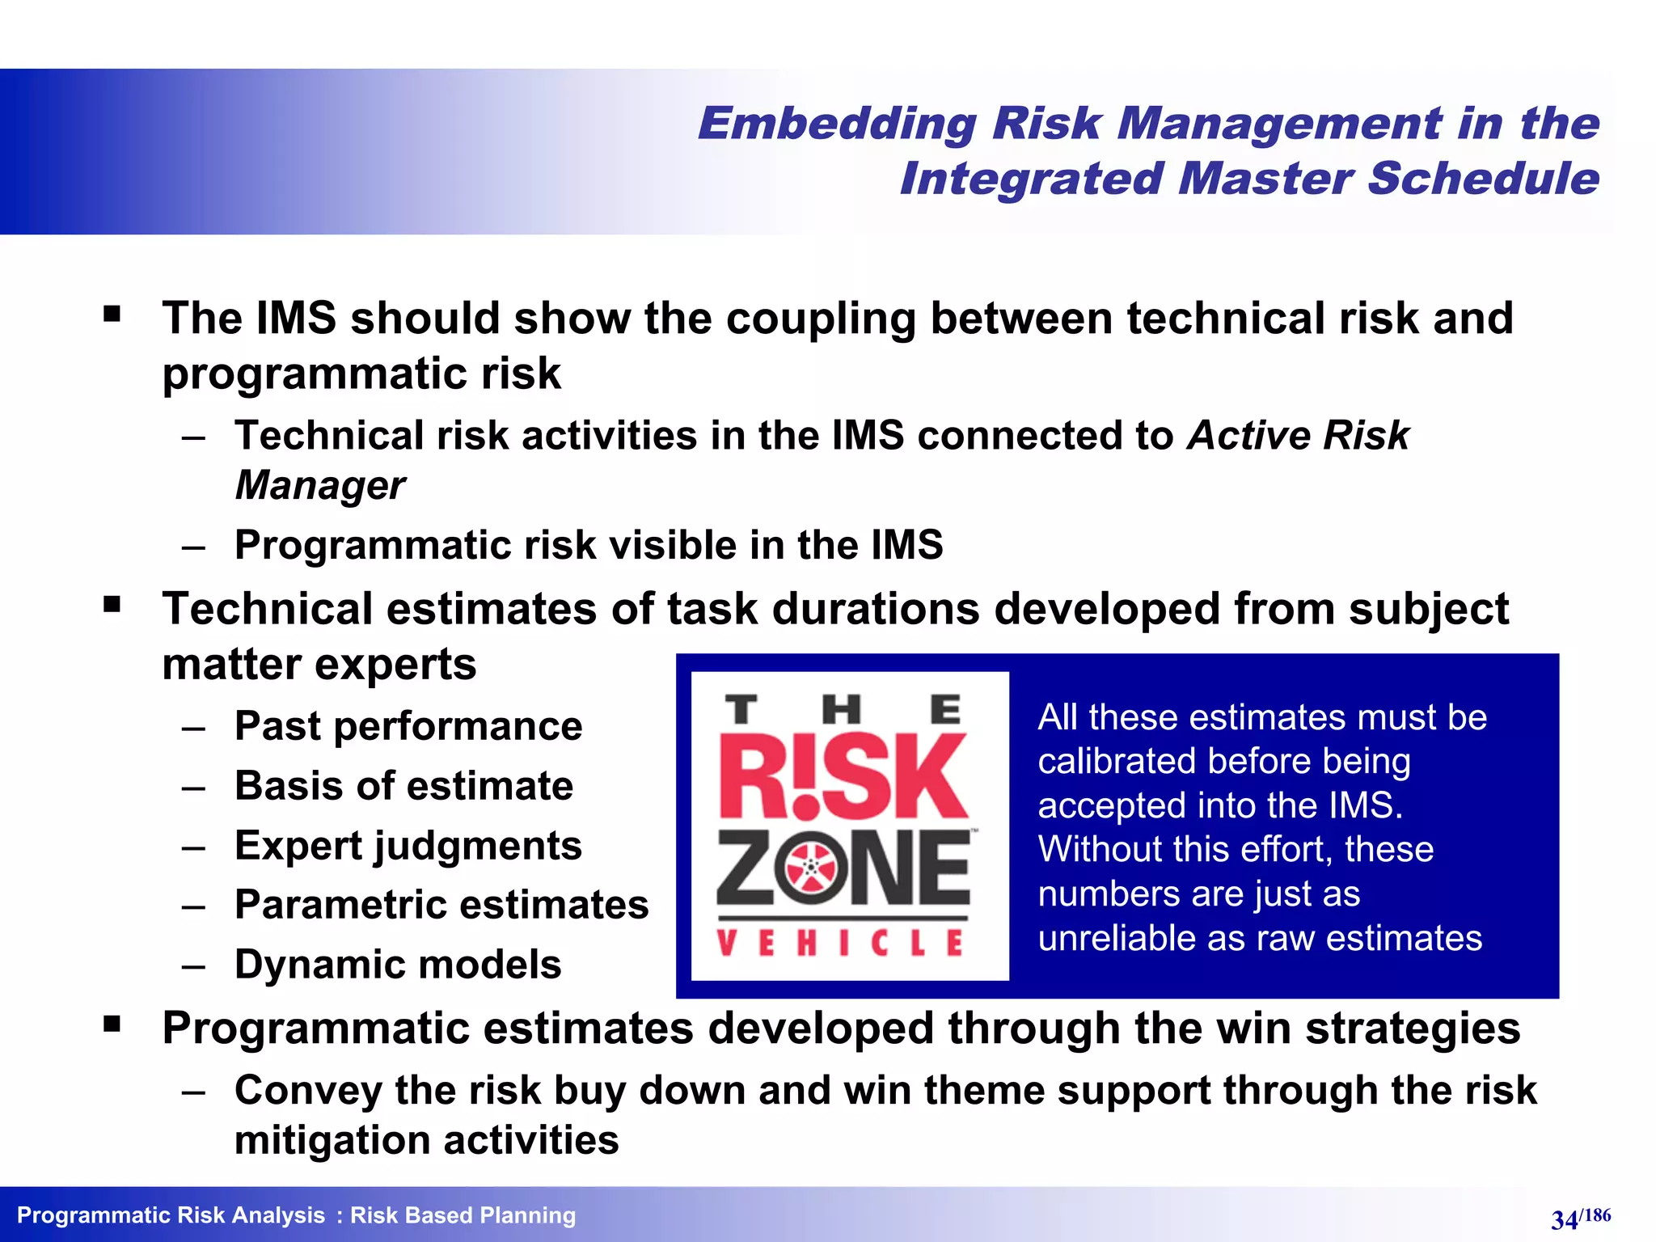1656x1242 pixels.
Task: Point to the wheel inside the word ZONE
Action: pyautogui.click(x=811, y=868)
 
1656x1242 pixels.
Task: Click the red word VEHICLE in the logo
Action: pyautogui.click(x=841, y=944)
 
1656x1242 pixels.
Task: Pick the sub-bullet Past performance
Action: pyautogui.click(x=408, y=726)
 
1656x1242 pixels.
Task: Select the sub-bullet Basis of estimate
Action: pyautogui.click(x=403, y=786)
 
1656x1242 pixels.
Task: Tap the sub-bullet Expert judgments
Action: pyautogui.click(x=408, y=847)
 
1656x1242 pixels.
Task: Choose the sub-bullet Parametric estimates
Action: pyautogui.click(x=441, y=905)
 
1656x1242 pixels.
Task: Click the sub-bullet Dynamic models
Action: pyautogui.click(x=398, y=965)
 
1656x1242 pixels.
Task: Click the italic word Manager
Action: pyautogui.click(x=320, y=486)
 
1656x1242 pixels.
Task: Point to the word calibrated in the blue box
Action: pyautogui.click(x=1109, y=762)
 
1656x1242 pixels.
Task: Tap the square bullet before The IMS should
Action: pyautogui.click(x=112, y=314)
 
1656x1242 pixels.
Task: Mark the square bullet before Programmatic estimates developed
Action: pyautogui.click(x=112, y=1024)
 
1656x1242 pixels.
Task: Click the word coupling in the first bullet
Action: pyautogui.click(x=821, y=319)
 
